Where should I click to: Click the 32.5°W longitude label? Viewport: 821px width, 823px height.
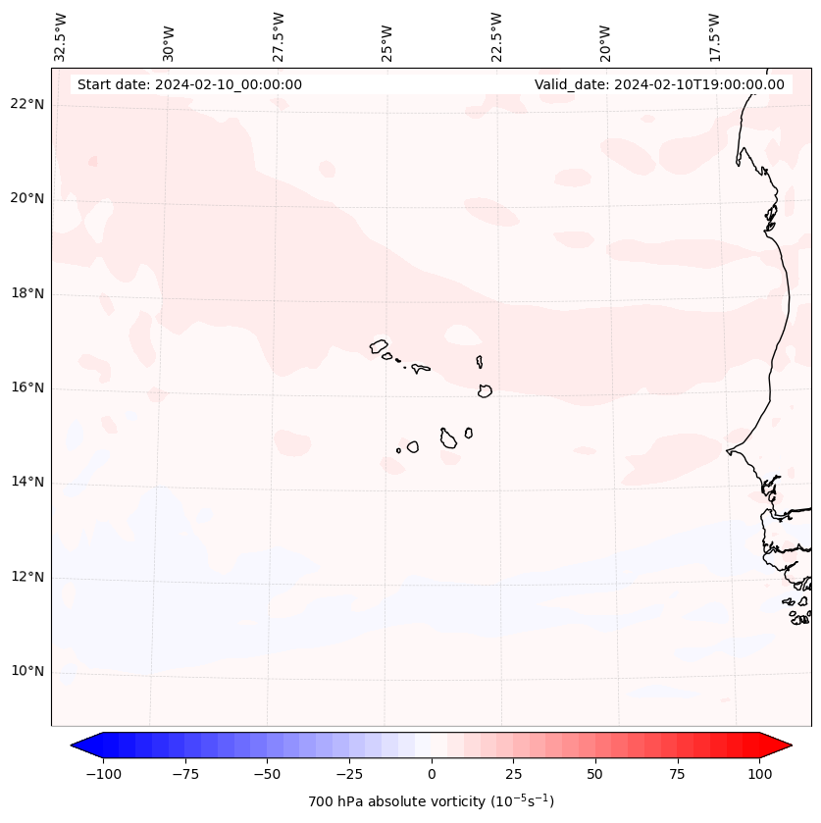[61, 36]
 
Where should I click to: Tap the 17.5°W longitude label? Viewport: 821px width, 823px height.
[714, 36]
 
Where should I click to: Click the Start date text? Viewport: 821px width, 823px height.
[189, 84]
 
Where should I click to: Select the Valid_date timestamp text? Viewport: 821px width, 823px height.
[659, 84]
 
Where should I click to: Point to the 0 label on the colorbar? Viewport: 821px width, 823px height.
[432, 775]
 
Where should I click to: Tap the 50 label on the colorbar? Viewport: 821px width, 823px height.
[595, 775]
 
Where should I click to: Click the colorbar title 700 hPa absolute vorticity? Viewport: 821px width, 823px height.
[431, 801]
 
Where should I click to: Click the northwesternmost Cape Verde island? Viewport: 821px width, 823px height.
[379, 345]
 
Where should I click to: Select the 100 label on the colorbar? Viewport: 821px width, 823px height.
[759, 775]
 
